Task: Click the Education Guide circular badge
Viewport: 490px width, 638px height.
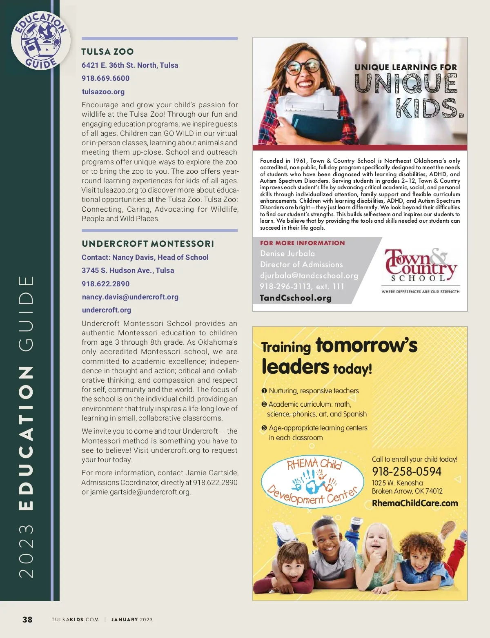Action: click(40, 40)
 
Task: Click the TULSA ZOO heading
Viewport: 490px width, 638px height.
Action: click(107, 52)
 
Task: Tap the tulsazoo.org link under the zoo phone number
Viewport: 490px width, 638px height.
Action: click(103, 92)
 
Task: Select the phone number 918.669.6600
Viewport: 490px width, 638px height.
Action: click(105, 78)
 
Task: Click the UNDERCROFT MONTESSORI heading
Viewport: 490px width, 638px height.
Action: click(148, 244)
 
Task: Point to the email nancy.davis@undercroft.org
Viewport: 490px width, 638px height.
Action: click(130, 297)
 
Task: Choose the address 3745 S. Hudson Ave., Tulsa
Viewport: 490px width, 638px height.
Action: click(128, 270)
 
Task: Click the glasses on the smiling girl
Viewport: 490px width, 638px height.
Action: click(302, 66)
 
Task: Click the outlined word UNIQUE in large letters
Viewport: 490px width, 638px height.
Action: click(406, 84)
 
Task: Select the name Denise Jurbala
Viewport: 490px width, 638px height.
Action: click(287, 254)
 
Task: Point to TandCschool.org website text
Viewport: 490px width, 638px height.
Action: click(296, 298)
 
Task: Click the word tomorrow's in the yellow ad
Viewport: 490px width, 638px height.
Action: click(366, 345)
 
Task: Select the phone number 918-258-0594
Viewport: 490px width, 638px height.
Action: click(406, 472)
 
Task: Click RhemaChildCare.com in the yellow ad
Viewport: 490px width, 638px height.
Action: click(415, 503)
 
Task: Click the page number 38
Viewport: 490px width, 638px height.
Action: click(27, 620)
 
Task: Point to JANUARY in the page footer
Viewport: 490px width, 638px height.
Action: click(125, 620)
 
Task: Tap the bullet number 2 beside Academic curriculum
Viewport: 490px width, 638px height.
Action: click(264, 404)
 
